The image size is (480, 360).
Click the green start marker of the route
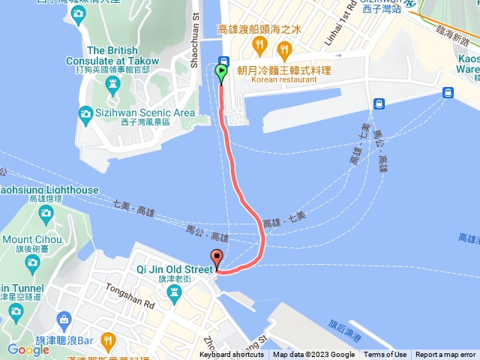pyautogui.click(x=221, y=73)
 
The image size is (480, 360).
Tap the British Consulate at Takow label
pyautogui.click(x=123, y=55)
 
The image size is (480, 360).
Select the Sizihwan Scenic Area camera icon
pyautogui.click(x=86, y=113)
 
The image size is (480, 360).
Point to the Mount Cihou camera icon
pyautogui.click(x=32, y=262)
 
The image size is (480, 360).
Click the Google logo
pyautogui.click(x=28, y=349)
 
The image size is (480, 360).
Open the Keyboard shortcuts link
pyautogui.click(x=232, y=355)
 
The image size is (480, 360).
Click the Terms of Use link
pyautogui.click(x=385, y=355)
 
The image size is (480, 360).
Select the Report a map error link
pyautogui.click(x=445, y=355)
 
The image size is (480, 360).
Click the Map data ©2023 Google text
pyautogui.click(x=313, y=355)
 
